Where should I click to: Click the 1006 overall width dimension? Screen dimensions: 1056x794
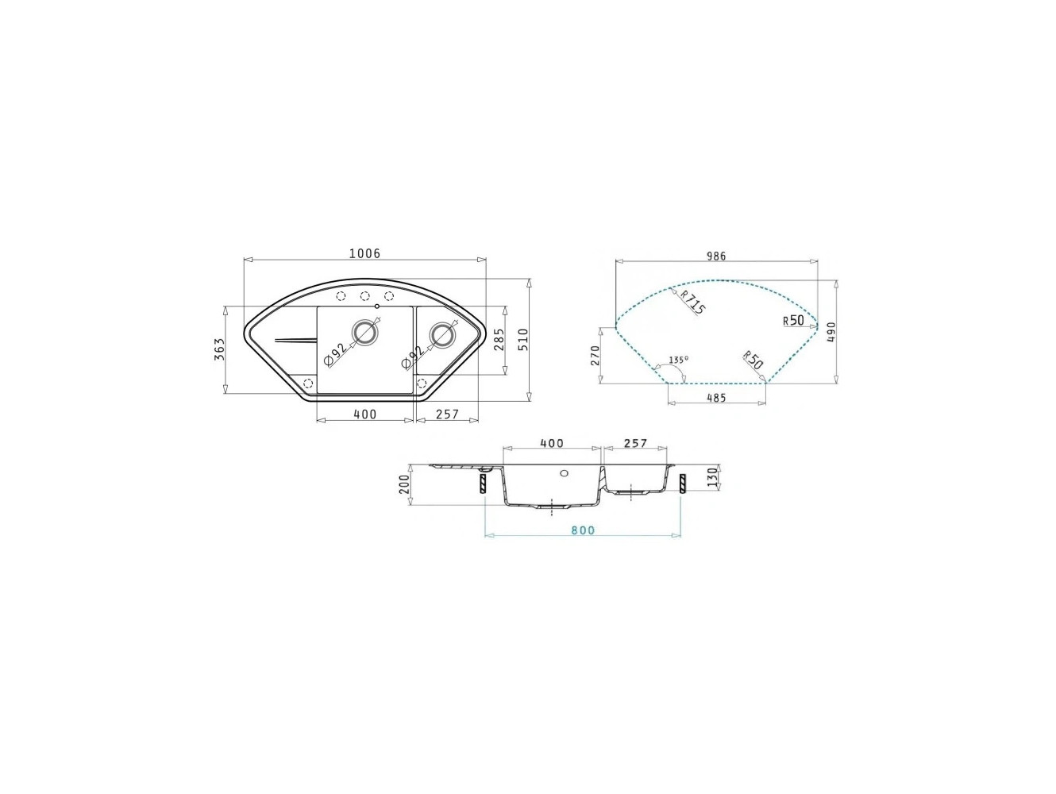click(364, 253)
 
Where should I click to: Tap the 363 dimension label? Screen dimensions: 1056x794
click(219, 349)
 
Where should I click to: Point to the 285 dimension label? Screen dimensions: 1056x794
click(499, 339)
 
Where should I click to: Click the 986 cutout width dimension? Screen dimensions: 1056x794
click(716, 256)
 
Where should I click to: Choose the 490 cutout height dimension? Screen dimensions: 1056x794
click(831, 332)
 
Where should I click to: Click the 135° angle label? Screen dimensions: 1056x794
click(679, 359)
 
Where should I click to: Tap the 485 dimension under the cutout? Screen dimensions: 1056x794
click(717, 398)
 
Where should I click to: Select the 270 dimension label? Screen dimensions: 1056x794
click(595, 356)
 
